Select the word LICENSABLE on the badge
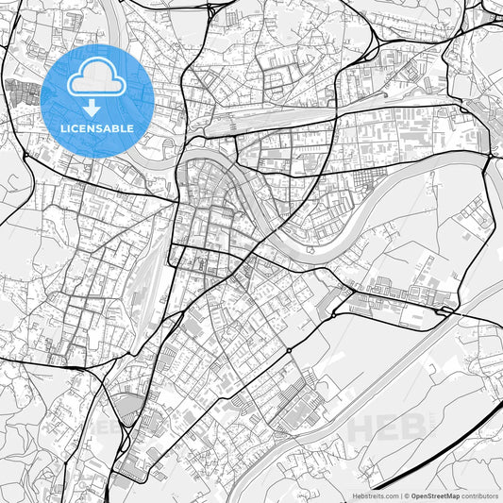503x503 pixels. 97,127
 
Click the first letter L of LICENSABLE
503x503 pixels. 63,127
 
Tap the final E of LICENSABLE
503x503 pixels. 131,127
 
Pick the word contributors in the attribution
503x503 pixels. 480,495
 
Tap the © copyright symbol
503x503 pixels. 407,495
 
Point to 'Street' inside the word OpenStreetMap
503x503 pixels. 438,495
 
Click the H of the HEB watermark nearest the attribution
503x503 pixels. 361,428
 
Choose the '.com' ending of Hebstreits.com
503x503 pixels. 390,495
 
